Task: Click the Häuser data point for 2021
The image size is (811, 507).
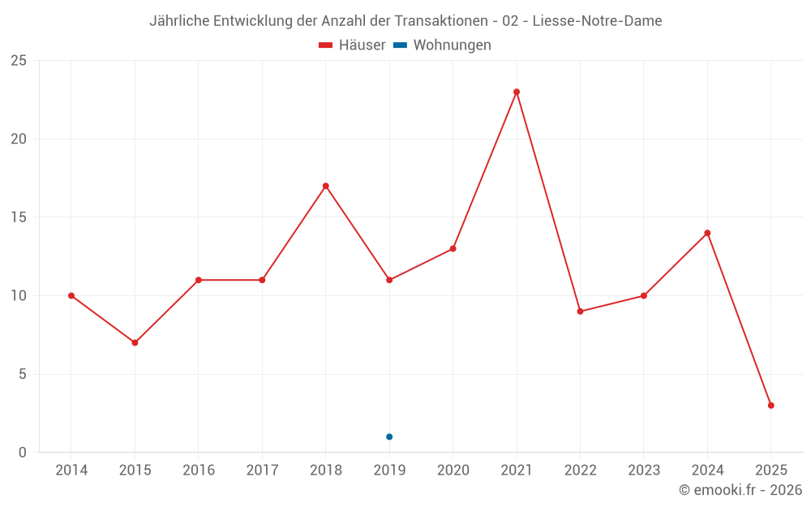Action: [517, 92]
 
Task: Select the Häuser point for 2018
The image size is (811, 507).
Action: [325, 186]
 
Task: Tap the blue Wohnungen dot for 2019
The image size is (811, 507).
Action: [389, 436]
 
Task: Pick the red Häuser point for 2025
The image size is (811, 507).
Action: [770, 406]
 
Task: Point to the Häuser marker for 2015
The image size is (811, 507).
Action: [135, 342]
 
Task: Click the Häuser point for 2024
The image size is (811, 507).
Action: [707, 233]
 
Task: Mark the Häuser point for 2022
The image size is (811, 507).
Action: [580, 312]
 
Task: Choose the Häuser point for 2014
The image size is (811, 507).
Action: [71, 295]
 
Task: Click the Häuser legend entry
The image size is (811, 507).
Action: [353, 45]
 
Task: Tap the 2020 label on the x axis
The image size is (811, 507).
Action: [453, 470]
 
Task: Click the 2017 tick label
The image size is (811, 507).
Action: [262, 470]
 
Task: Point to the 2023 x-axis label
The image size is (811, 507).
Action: [644, 470]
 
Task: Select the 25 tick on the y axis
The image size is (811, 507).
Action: [19, 61]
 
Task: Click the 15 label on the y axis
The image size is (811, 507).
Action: [19, 217]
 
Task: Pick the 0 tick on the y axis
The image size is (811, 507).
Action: [23, 453]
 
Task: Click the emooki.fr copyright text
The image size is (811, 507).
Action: [740, 490]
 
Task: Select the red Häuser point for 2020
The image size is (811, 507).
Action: [453, 248]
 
